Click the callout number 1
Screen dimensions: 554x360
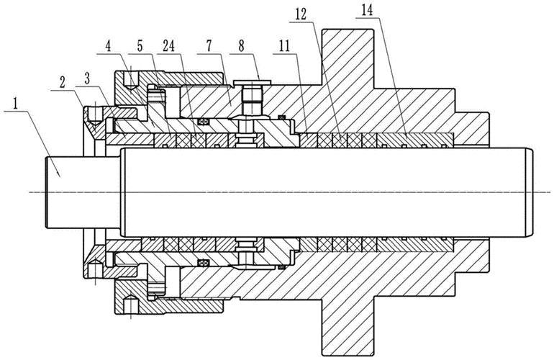(x=15, y=104)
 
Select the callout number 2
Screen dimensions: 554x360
(x=63, y=84)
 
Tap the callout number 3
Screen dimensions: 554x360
(x=87, y=80)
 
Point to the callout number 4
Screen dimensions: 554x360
(x=109, y=48)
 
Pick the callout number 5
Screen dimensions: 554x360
(x=140, y=48)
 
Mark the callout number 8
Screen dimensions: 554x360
(x=241, y=48)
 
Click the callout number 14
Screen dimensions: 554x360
(x=367, y=11)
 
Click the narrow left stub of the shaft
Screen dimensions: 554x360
(x=83, y=192)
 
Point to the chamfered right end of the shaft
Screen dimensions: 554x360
(x=530, y=192)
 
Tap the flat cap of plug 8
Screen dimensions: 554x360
(x=253, y=82)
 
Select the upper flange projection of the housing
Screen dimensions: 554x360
(x=348, y=58)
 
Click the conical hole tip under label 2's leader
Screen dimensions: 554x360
(x=94, y=122)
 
